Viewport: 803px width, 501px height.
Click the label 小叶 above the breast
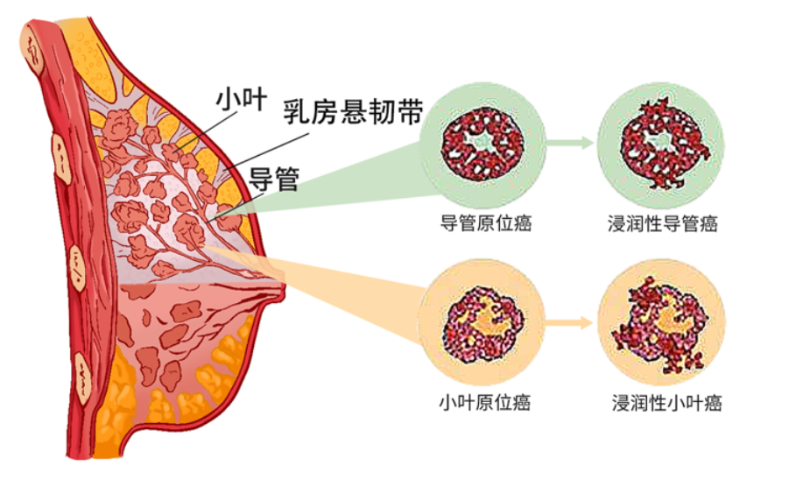(241, 99)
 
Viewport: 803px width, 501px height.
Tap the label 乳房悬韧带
(354, 112)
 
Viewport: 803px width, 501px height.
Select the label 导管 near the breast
(274, 180)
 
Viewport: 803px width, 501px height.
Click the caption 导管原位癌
(486, 223)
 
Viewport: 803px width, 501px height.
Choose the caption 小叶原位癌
(484, 402)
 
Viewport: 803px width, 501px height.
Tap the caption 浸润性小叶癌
(666, 403)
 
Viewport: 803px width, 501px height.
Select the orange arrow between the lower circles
(568, 322)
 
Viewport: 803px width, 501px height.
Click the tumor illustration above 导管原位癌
(483, 144)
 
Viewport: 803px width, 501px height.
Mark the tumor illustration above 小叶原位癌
(483, 324)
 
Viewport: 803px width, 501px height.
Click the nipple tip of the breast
(282, 292)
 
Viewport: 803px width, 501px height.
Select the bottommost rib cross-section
(82, 378)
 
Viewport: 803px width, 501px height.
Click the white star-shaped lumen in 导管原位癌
(483, 141)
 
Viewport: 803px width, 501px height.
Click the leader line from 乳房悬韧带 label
(266, 152)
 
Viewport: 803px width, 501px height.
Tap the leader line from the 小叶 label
(206, 131)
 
